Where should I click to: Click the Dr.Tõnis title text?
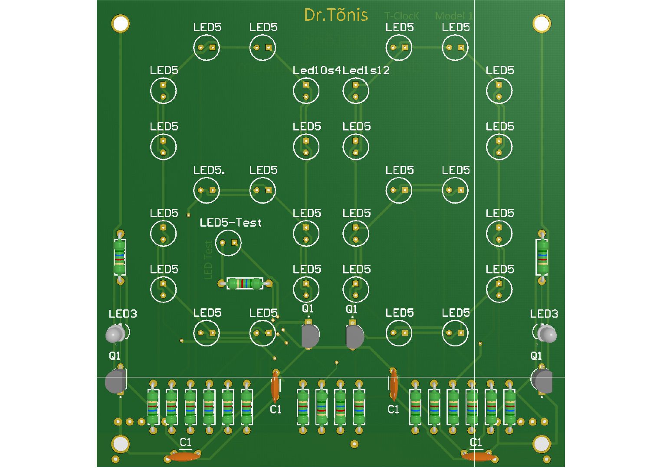[x=336, y=15]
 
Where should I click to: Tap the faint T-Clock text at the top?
[x=402, y=16]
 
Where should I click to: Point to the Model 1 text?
[x=454, y=16]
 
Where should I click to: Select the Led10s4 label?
[x=317, y=70]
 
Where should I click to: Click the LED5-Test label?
[x=230, y=223]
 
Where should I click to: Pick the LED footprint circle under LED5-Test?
[x=228, y=243]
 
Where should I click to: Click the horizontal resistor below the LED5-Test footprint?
[x=245, y=284]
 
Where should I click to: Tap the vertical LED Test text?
[x=208, y=260]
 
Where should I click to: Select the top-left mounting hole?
[x=120, y=23]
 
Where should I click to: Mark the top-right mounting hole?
[x=542, y=23]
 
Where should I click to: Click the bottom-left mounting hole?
[x=120, y=444]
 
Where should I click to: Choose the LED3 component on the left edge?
[x=115, y=334]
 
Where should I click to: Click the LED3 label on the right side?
[x=544, y=314]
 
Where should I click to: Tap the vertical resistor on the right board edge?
[x=542, y=257]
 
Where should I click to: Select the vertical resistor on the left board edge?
[x=120, y=257]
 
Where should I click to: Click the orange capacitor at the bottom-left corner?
[x=183, y=457]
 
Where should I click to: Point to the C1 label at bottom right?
[x=476, y=442]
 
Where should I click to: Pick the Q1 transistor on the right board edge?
[x=542, y=380]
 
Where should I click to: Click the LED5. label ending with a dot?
[x=209, y=170]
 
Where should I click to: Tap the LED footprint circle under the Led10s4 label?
[x=306, y=91]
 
